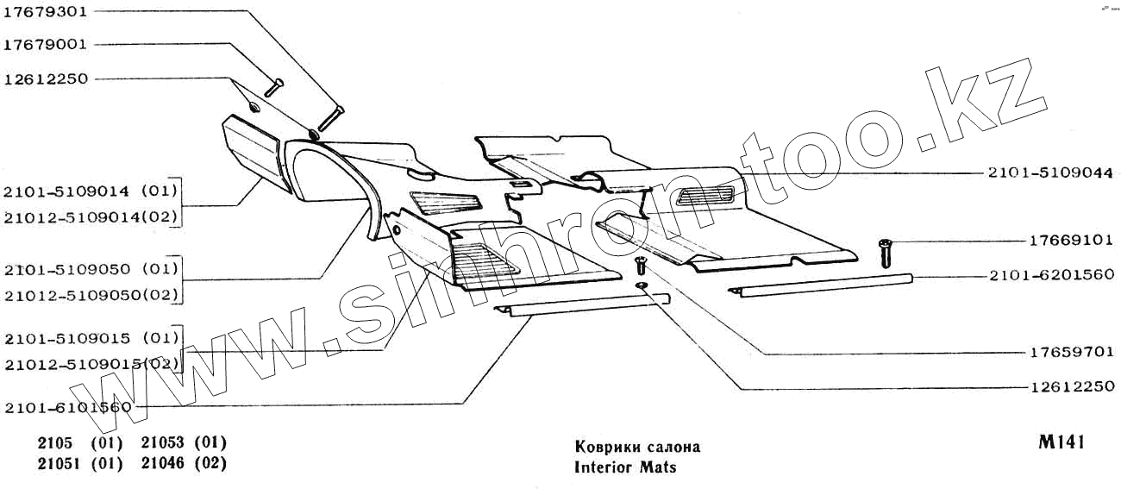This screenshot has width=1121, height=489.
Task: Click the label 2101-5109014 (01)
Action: [x=91, y=191]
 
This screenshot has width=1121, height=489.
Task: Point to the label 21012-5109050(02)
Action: [x=91, y=295]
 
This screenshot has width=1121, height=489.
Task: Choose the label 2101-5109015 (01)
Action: [x=91, y=336]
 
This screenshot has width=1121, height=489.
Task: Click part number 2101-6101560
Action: [x=67, y=407]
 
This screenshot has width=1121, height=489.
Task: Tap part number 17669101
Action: [x=1071, y=241]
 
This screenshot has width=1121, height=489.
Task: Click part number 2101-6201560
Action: [x=1050, y=275]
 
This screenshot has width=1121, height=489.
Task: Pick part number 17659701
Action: [x=1071, y=352]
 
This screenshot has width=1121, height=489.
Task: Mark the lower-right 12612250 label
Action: [x=1071, y=386]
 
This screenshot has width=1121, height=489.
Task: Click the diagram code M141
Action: [x=1061, y=442]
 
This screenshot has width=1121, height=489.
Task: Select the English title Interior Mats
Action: [x=625, y=467]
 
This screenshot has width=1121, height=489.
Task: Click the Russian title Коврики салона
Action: [x=636, y=447]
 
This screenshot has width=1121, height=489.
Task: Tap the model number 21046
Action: [x=164, y=463]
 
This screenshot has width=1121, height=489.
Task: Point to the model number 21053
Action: [x=164, y=442]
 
